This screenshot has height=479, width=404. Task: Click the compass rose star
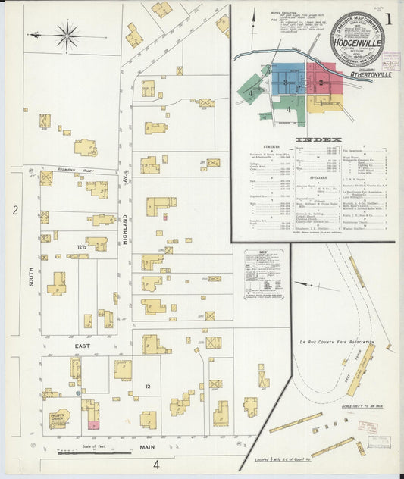[x=67, y=34]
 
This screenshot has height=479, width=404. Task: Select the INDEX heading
[x=313, y=140]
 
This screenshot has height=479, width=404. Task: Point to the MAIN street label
[x=147, y=447]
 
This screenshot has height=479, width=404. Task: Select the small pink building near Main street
[x=93, y=425]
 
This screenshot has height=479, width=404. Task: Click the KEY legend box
[x=263, y=273]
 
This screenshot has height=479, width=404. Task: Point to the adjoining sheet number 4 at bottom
[x=155, y=464]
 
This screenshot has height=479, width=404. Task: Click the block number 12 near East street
[x=149, y=388]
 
